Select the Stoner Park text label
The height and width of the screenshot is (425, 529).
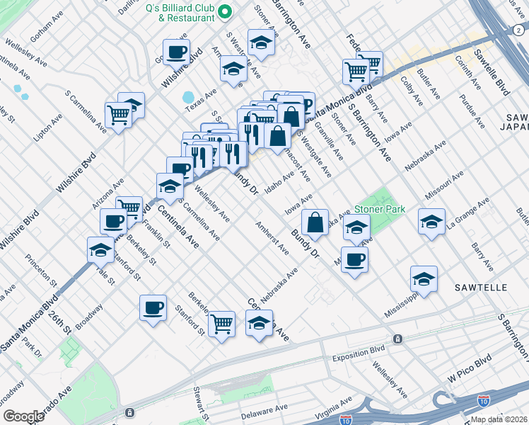tap(380, 209)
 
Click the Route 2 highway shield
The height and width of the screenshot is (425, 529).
tap(517, 30)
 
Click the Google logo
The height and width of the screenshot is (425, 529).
tap(24, 416)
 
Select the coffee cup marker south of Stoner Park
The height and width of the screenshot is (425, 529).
tap(354, 259)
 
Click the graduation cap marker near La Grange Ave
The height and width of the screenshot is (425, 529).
tap(431, 221)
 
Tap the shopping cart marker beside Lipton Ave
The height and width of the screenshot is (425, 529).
tap(118, 114)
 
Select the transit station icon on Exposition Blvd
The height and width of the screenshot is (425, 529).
tap(399, 339)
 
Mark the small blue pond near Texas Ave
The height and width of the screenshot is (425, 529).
tap(188, 97)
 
